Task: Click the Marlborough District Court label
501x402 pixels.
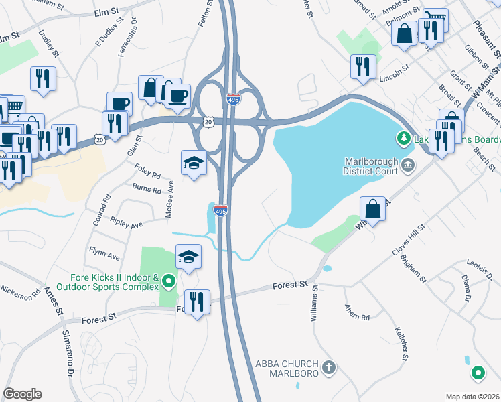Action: coord(370,166)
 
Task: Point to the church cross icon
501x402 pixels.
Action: coord(328,367)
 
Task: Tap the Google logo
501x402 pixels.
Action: coord(22,394)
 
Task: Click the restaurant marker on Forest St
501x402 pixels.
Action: coord(197,303)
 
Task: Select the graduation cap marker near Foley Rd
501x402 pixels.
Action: coord(194,163)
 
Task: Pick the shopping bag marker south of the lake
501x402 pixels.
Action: coord(373,209)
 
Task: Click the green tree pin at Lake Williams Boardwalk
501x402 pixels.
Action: coord(403,139)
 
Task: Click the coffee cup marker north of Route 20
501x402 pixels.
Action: coord(178,95)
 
